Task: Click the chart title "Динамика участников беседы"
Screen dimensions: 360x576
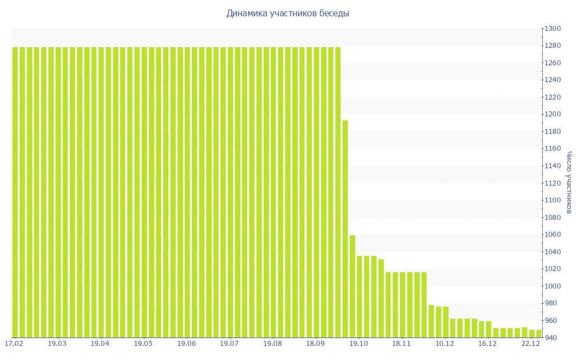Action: (x=287, y=13)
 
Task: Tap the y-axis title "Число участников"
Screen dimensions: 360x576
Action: (x=569, y=182)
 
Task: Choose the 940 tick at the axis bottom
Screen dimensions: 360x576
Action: (x=552, y=337)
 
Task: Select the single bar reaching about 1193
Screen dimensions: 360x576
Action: (x=345, y=228)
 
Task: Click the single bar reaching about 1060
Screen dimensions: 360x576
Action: (x=352, y=286)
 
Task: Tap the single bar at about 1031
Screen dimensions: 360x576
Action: (x=381, y=298)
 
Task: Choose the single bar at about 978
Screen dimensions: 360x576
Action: (x=431, y=321)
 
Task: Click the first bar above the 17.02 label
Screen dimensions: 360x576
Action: (x=15, y=191)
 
